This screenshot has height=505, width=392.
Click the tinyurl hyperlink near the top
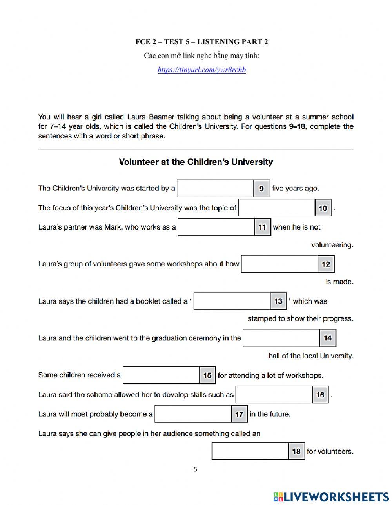click(201, 70)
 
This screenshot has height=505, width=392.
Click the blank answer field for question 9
click(215, 189)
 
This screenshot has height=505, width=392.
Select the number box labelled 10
click(323, 208)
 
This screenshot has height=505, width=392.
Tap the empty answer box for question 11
click(216, 227)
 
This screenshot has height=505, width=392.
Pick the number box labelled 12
click(326, 264)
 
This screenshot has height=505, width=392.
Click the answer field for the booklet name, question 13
click(232, 301)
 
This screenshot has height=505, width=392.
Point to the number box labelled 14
click(328, 338)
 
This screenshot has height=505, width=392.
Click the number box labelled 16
click(320, 395)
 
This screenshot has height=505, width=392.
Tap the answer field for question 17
click(193, 414)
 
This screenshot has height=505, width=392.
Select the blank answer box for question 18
click(250, 451)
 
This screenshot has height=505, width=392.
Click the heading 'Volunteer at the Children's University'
click(196, 162)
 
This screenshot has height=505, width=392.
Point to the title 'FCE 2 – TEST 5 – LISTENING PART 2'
click(201, 42)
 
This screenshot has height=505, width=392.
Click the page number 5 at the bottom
click(196, 469)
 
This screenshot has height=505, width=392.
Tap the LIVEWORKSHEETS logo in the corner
click(331, 497)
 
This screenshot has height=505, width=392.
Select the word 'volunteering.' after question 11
click(332, 245)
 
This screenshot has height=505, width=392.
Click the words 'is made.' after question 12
click(339, 282)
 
